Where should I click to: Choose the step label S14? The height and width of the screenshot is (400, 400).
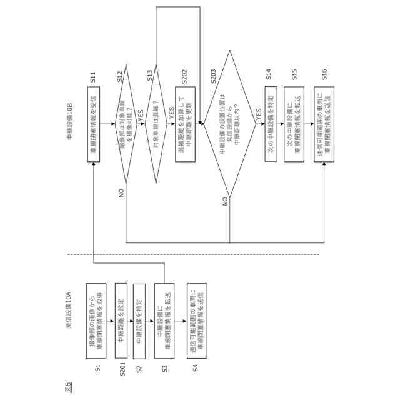268,77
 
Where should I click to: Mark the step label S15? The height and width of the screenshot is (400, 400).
294,76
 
